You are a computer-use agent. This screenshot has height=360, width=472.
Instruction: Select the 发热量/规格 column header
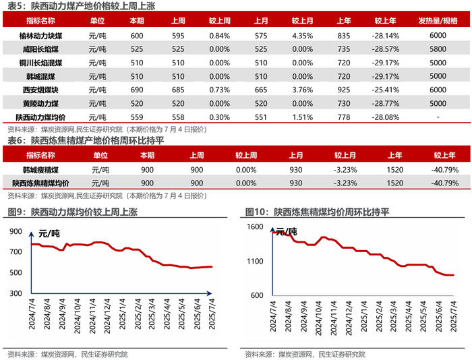point(438,21)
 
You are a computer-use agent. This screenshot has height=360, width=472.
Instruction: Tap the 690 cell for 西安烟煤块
point(137,90)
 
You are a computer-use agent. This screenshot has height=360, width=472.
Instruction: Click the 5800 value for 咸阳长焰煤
point(438,49)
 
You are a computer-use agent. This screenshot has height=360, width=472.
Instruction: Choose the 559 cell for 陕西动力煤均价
point(137,117)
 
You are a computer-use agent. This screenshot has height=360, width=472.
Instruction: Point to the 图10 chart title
point(317,212)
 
